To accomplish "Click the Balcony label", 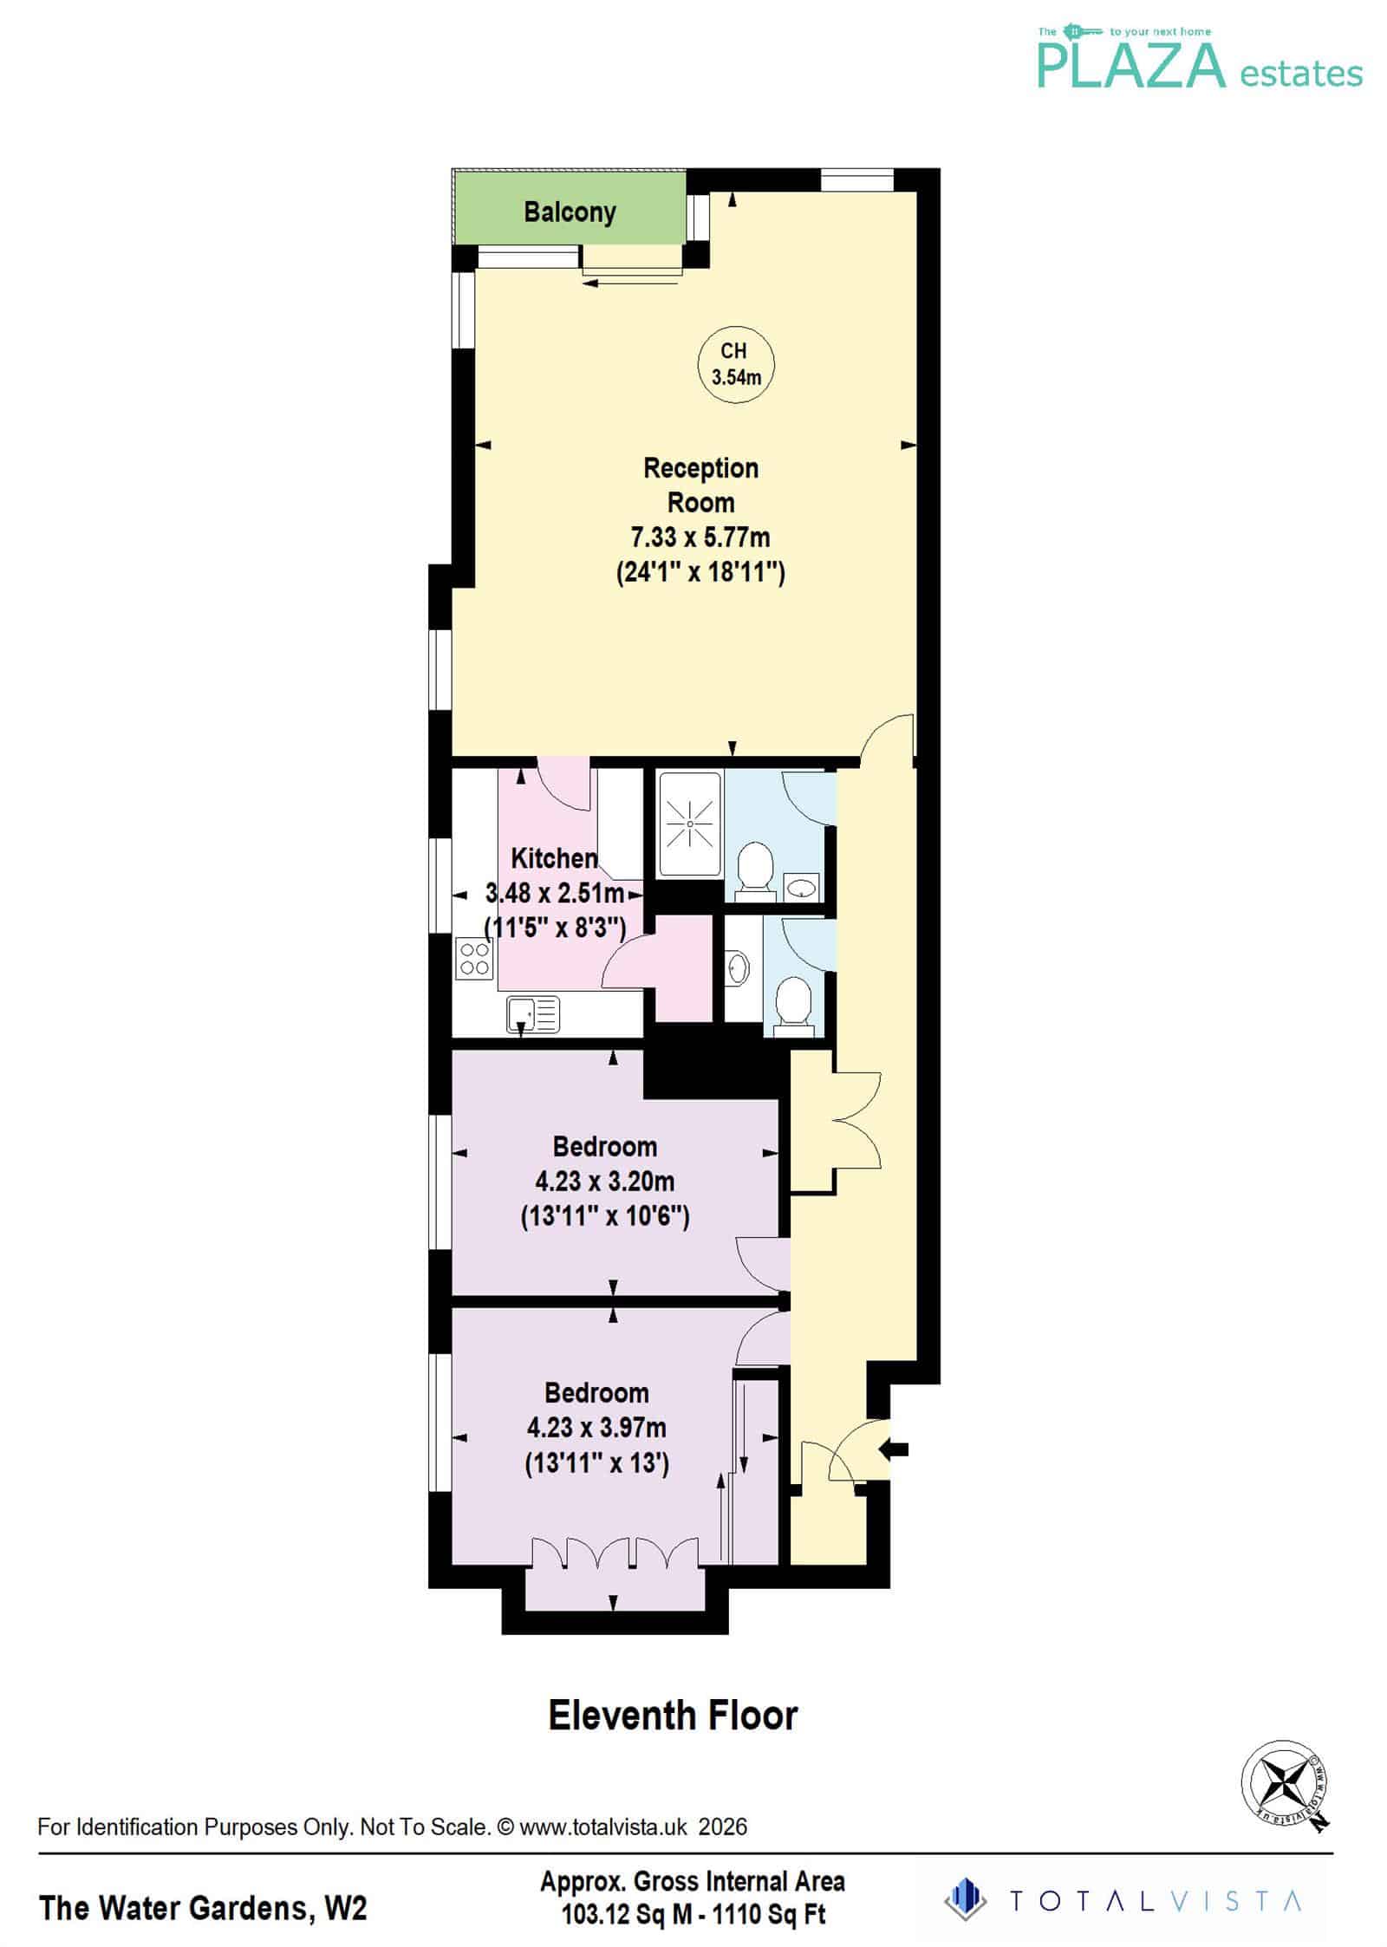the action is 570,212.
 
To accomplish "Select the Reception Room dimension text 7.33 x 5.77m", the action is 700,537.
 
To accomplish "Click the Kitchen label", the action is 554,858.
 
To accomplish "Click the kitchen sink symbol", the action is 533,1013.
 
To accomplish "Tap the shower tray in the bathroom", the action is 690,824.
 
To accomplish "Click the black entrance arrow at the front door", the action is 894,1448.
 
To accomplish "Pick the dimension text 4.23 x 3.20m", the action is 604,1182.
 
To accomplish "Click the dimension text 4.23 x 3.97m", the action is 596,1428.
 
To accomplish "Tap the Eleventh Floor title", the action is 673,1715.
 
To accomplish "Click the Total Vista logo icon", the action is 965,1898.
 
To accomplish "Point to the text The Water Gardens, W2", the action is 203,1908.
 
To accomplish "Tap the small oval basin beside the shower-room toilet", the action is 802,887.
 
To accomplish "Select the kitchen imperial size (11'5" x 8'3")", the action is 555,928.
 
